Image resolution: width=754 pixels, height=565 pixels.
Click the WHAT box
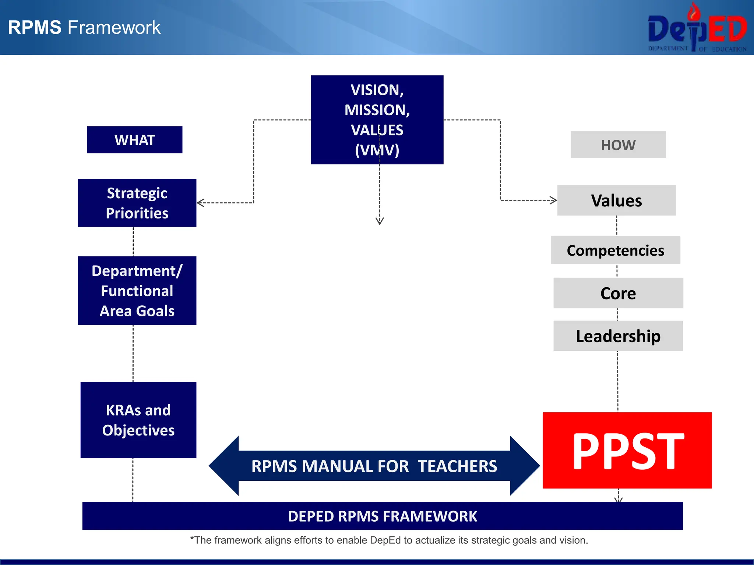click(135, 140)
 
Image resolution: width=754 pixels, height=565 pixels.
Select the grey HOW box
click(618, 145)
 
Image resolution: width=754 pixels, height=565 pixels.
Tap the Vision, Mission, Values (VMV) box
click(377, 120)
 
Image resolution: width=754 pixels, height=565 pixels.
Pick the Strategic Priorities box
click(137, 203)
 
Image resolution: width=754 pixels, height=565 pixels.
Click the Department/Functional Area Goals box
click(137, 291)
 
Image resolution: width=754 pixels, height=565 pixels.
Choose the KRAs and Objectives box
click(138, 420)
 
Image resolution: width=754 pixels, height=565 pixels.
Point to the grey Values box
click(616, 200)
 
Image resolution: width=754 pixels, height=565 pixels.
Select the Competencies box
click(616, 250)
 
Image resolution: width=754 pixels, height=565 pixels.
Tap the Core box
click(618, 293)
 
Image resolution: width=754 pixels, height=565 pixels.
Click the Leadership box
click(618, 336)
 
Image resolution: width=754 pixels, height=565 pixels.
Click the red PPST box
click(627, 451)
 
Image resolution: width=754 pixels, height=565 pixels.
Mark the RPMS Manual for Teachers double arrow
click(374, 466)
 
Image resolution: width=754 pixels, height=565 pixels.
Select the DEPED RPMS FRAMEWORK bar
click(383, 516)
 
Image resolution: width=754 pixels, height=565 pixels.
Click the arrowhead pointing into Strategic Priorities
click(200, 203)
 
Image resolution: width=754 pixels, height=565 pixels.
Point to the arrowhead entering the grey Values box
click(553, 200)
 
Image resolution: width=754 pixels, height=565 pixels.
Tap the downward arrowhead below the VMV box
click(380, 221)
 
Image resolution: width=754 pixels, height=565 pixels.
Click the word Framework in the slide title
click(114, 28)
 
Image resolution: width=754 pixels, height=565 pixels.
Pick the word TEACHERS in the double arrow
click(457, 466)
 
